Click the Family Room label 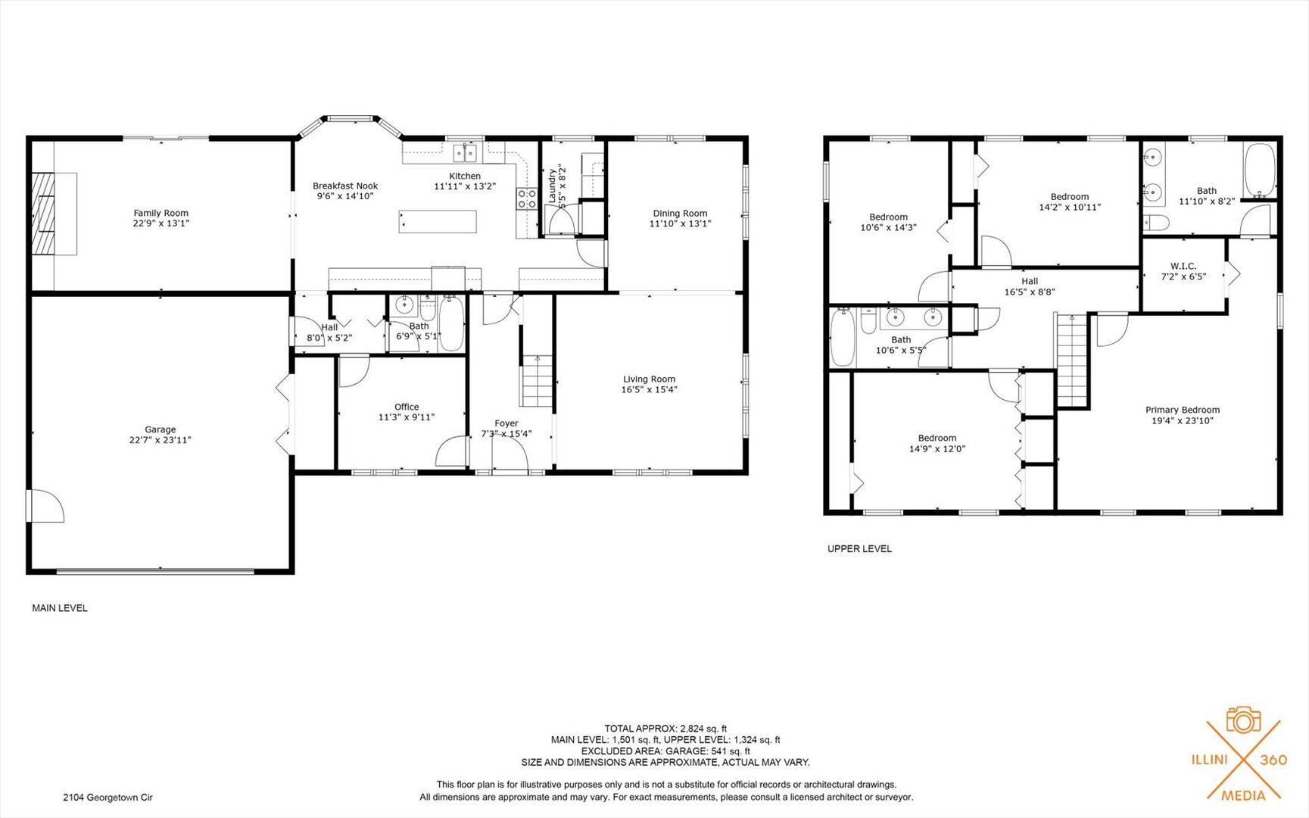(x=161, y=213)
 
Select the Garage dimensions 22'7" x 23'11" (x=160, y=439)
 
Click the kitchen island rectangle (x=438, y=222)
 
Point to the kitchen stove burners (x=527, y=198)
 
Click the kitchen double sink (x=465, y=154)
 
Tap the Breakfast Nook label (x=345, y=186)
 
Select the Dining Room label (x=680, y=214)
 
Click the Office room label (x=407, y=407)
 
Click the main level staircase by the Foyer (x=536, y=381)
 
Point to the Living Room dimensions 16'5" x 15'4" (x=649, y=389)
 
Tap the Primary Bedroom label (x=1182, y=410)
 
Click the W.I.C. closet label (x=1183, y=266)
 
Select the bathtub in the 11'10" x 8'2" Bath (x=1259, y=170)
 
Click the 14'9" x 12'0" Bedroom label (x=937, y=438)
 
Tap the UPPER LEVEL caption (x=859, y=548)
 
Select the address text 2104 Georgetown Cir (x=108, y=797)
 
